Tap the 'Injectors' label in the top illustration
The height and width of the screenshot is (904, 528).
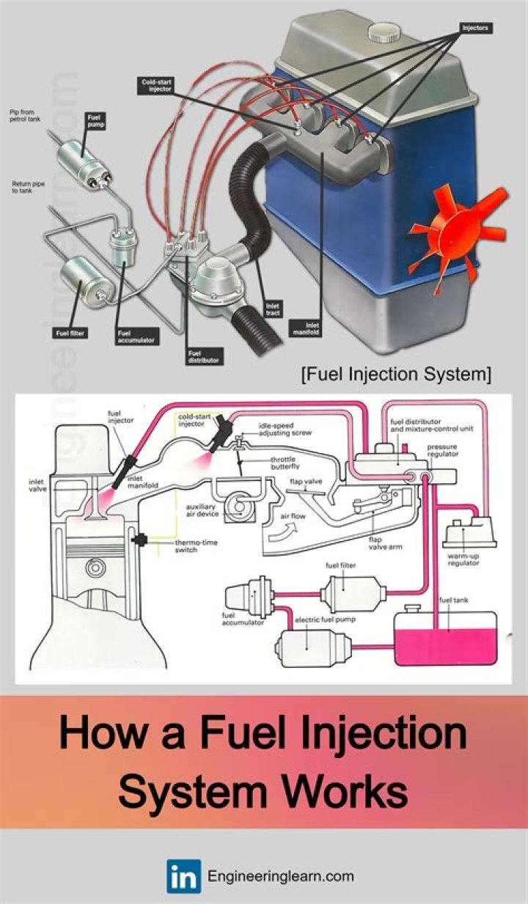(475, 28)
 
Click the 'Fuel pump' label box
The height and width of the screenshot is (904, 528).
(96, 120)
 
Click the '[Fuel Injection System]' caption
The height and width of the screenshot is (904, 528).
(395, 375)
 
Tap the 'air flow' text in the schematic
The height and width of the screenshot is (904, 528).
(294, 515)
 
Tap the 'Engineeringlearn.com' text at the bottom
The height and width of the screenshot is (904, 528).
(281, 876)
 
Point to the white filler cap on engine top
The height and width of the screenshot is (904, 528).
(386, 32)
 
